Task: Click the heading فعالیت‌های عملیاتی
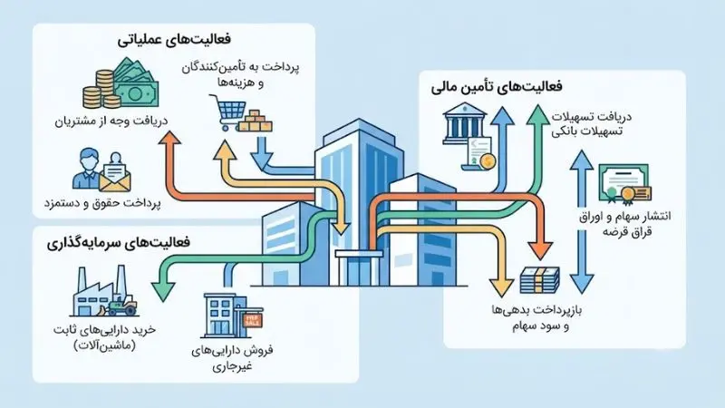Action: point(174,40)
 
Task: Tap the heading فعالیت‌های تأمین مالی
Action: point(497,87)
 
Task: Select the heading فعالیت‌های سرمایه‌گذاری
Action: point(119,243)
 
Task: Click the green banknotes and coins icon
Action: point(121,83)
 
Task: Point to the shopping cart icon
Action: point(227,112)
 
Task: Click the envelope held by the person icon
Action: point(115,178)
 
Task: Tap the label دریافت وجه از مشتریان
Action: point(111,121)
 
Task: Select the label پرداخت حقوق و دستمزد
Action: point(102,203)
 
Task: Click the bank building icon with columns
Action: point(464,123)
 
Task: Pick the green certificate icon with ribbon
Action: point(625,184)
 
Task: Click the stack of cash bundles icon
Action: point(539,280)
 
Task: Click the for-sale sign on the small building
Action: point(253,319)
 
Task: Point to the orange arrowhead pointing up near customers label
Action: point(169,138)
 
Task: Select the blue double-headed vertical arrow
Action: point(581,221)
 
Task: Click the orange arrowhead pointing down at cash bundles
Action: point(540,251)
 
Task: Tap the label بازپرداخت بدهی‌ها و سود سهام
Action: point(536,318)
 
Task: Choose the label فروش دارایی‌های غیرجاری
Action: point(232,358)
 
